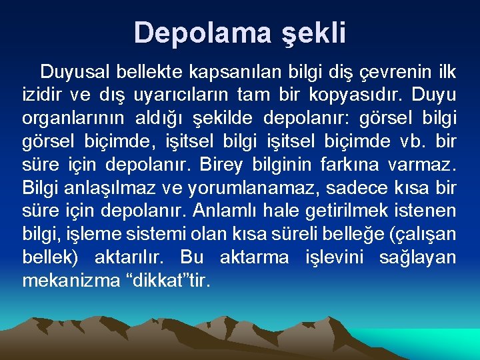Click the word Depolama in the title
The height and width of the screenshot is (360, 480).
click(x=190, y=33)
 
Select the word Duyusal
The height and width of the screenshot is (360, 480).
click(x=77, y=71)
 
